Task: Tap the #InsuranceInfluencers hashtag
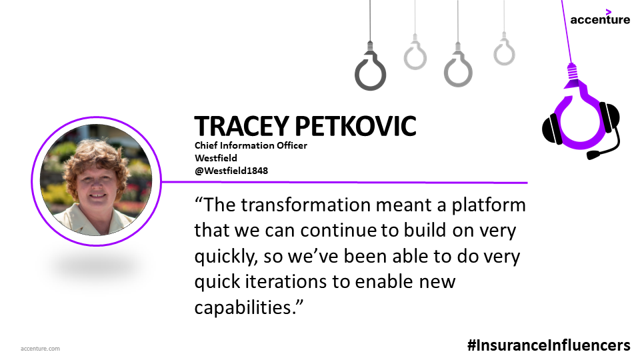tap(549, 345)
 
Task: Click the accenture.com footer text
tap(40, 349)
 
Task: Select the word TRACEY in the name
tap(241, 126)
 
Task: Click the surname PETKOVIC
tap(355, 126)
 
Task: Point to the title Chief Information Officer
tap(251, 145)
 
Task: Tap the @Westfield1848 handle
tap(231, 171)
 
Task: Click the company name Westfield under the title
tap(215, 158)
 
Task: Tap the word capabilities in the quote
tap(245, 308)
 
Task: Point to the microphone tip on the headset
tap(593, 155)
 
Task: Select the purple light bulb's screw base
tap(572, 72)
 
